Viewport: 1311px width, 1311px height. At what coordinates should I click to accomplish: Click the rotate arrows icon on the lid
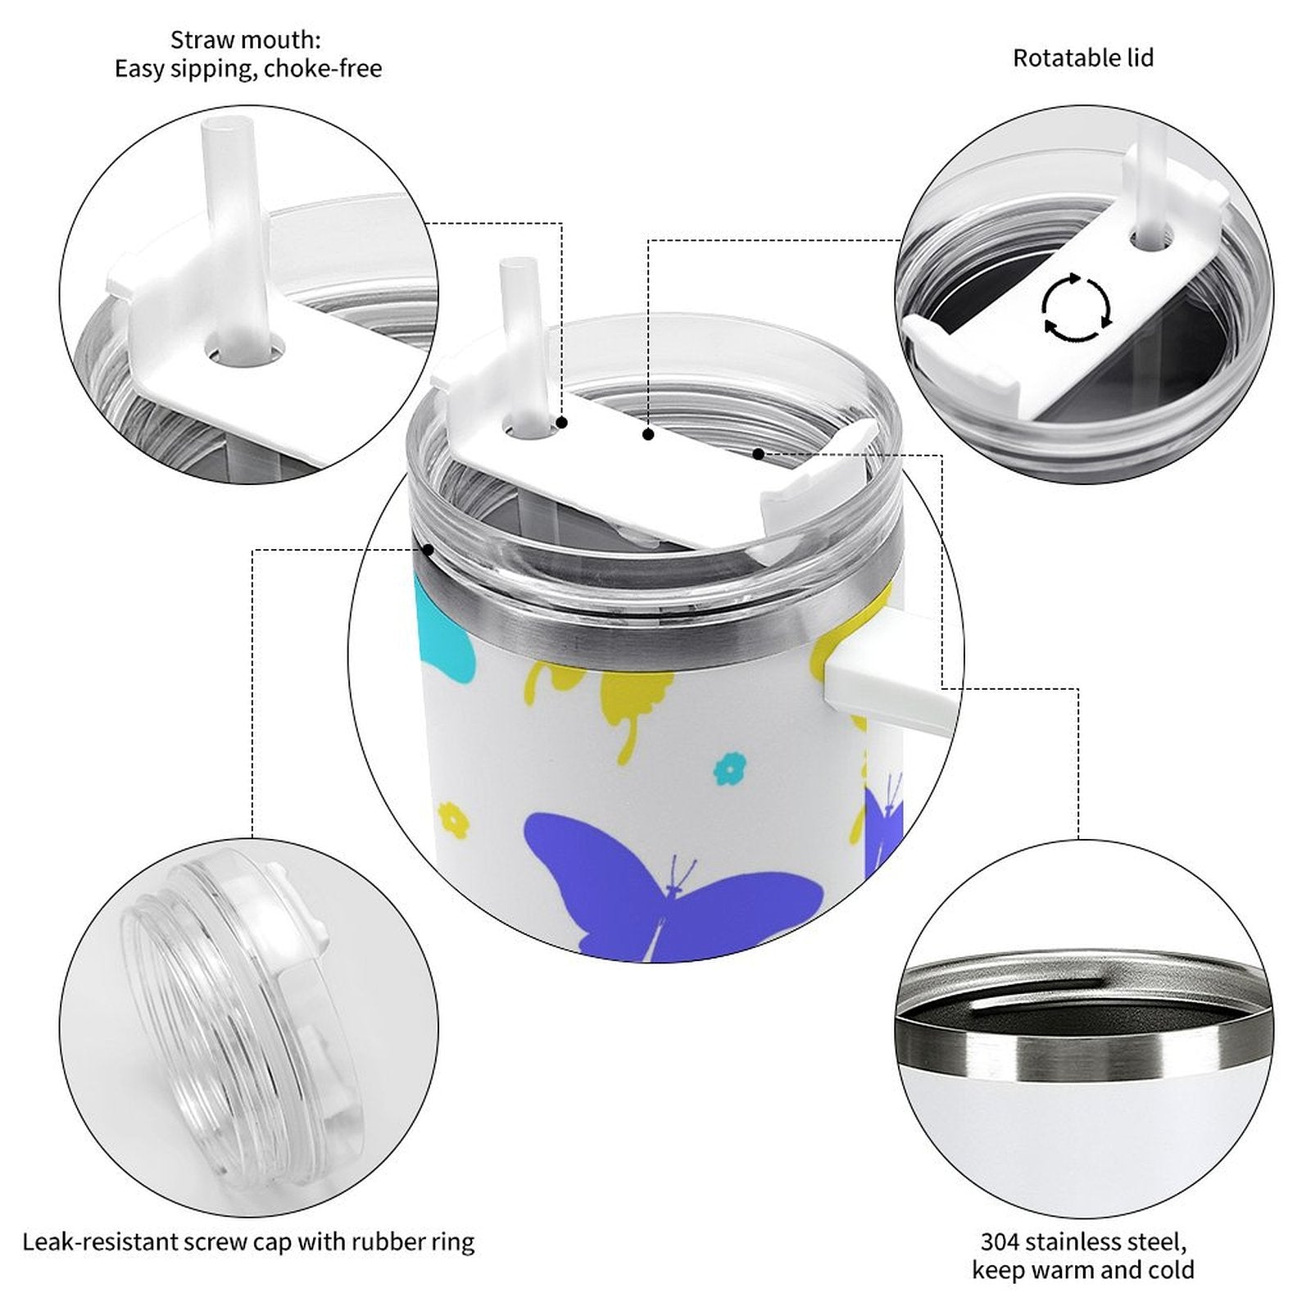1077,308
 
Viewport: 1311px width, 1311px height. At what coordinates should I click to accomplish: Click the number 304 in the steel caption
1000,1241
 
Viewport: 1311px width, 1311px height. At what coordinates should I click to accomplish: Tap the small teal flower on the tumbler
725,769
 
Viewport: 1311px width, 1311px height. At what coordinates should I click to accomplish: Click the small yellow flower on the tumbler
453,820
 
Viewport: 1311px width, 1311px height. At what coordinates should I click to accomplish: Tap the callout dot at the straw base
562,423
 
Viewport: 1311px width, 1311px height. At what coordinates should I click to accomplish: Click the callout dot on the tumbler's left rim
427,550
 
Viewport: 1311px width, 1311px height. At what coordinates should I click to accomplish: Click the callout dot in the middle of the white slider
648,435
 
